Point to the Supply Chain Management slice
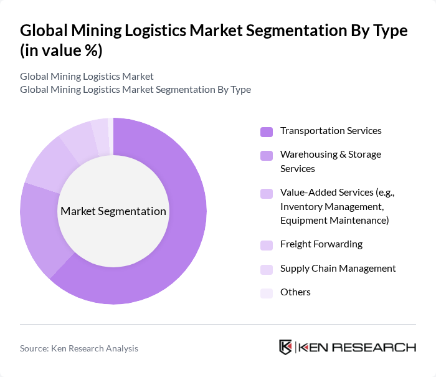(x=100, y=130)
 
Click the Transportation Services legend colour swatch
(x=267, y=131)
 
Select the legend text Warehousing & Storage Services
(x=330, y=161)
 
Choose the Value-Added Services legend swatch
(x=267, y=193)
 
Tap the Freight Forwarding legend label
(x=321, y=244)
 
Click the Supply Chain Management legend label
(x=338, y=268)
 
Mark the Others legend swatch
(x=267, y=293)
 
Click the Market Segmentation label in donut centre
(x=113, y=211)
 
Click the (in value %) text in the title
(x=61, y=50)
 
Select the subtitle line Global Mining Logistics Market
(x=87, y=77)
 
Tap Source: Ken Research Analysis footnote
(x=79, y=348)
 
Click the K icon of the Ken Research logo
(x=286, y=347)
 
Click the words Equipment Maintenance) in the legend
(x=334, y=220)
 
